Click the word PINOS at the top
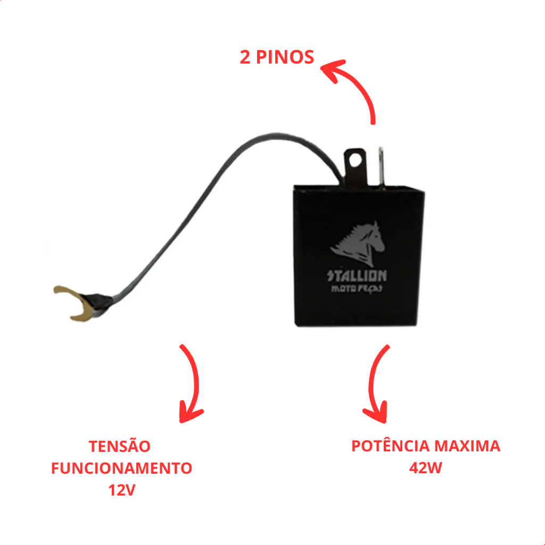click(285, 57)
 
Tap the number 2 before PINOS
click(245, 57)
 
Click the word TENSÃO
click(120, 447)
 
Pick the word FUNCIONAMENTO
click(122, 468)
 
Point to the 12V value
click(122, 490)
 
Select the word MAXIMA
click(467, 446)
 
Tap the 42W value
click(425, 468)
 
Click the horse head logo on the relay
click(358, 244)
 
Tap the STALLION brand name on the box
click(357, 276)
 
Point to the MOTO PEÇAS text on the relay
click(357, 288)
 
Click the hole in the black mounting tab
click(356, 160)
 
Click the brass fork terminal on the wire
click(71, 303)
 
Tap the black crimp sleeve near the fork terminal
click(97, 301)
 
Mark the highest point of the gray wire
click(276, 135)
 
